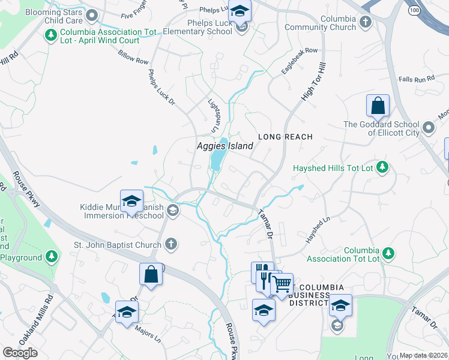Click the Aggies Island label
point(225,146)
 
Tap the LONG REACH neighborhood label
point(286,137)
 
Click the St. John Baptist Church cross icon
point(171,244)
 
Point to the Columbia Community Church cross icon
point(364,22)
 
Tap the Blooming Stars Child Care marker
point(92,15)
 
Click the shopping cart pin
point(282,284)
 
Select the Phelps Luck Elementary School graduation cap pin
point(240,11)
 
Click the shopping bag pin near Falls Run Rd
point(378,106)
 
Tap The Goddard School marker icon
point(428,128)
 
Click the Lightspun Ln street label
point(211,116)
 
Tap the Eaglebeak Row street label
point(299,61)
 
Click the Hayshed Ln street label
point(318,230)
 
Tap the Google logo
point(20,352)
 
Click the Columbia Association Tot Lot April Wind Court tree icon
point(51,35)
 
